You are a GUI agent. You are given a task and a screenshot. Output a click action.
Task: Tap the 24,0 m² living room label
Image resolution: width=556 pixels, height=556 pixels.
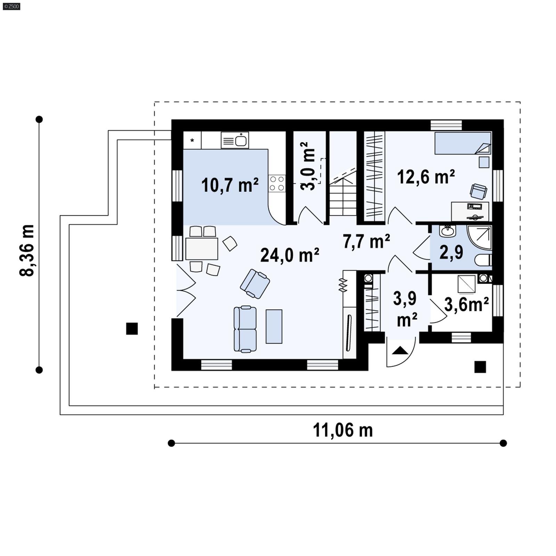[x=289, y=255]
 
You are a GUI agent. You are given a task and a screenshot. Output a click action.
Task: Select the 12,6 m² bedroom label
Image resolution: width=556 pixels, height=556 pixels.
[x=426, y=177]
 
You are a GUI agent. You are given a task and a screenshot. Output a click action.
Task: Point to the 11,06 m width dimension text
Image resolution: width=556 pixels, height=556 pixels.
[x=343, y=430]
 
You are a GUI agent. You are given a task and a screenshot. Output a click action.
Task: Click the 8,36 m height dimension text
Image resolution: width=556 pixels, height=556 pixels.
[x=27, y=250]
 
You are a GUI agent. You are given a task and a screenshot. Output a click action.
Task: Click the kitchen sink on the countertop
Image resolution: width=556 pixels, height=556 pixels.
[x=235, y=140]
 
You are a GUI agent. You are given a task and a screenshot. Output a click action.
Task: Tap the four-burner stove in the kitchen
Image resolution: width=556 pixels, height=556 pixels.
[x=277, y=183]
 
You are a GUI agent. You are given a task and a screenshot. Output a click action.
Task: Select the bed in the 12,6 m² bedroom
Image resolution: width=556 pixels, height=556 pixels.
[x=463, y=143]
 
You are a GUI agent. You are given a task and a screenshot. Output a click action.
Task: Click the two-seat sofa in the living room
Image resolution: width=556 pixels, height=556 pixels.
[x=245, y=329]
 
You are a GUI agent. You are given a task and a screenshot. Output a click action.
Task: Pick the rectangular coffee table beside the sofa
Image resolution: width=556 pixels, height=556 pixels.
[x=274, y=326]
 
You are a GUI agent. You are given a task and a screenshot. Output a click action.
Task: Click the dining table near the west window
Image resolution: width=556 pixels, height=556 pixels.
[x=202, y=248]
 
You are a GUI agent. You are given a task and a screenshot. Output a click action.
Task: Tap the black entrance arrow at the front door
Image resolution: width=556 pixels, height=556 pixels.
[x=400, y=351]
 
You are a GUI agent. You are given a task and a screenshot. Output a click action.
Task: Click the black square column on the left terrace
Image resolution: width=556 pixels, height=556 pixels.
[x=132, y=328]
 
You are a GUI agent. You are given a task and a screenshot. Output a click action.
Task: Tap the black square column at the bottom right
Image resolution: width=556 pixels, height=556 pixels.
[x=480, y=367]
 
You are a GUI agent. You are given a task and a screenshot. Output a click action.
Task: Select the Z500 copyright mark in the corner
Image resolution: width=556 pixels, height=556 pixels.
[x=11, y=6]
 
